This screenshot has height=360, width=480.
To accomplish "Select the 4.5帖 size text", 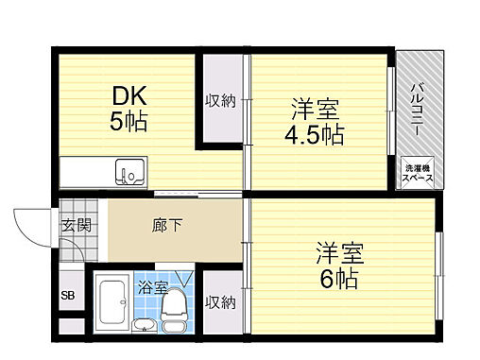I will pyautogui.click(x=315, y=134).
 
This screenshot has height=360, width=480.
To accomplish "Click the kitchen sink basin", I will pyautogui.click(x=130, y=173).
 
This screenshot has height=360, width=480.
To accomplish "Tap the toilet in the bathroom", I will pyautogui.click(x=175, y=308).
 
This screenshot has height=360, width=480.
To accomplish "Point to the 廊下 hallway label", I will pyautogui.click(x=166, y=226).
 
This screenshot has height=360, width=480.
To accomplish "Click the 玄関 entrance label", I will pyautogui.click(x=77, y=226).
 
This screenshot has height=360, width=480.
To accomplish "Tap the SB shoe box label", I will pyautogui.click(x=69, y=296).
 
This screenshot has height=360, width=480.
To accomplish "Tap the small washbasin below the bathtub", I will pyautogui.click(x=143, y=327).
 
